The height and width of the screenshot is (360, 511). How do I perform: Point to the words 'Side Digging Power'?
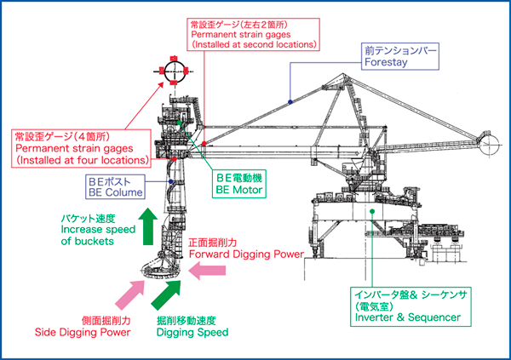point(83,333)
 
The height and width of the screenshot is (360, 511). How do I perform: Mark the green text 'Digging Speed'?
point(192,333)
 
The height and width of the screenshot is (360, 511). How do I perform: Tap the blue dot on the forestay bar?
point(290,101)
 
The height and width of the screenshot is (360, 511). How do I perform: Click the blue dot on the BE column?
point(171,182)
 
